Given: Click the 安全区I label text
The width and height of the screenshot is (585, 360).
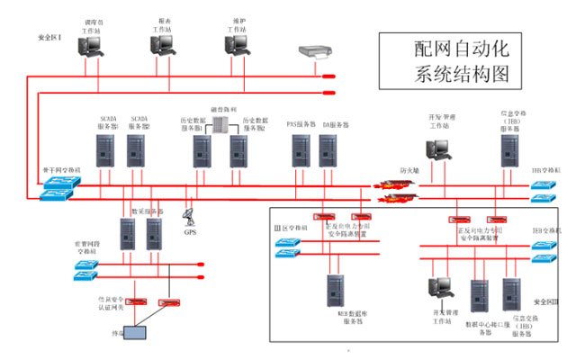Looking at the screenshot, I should click(x=49, y=37).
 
